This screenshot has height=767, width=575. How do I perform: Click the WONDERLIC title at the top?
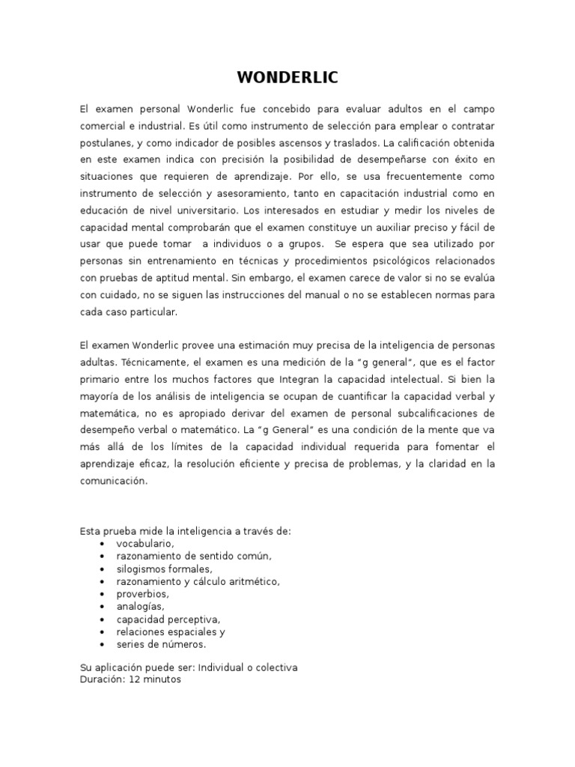[x=287, y=78]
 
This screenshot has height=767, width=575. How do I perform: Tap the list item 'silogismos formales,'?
[x=159, y=569]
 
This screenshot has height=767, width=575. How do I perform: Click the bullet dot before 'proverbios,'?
[x=102, y=594]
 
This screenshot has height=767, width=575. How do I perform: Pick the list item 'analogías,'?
[x=140, y=606]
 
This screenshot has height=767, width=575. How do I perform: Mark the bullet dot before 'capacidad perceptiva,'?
[x=102, y=619]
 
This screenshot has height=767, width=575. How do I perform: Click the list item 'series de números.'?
[x=160, y=644]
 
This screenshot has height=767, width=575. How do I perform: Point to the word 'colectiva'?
[x=272, y=667]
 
